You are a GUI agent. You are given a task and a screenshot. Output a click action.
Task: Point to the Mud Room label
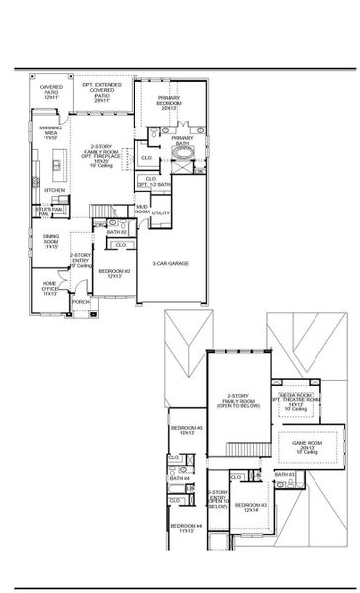pos(142,210)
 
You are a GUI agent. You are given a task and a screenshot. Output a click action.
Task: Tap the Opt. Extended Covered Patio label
pos(103,94)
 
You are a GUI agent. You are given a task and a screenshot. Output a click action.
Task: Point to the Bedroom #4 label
pos(184,527)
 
